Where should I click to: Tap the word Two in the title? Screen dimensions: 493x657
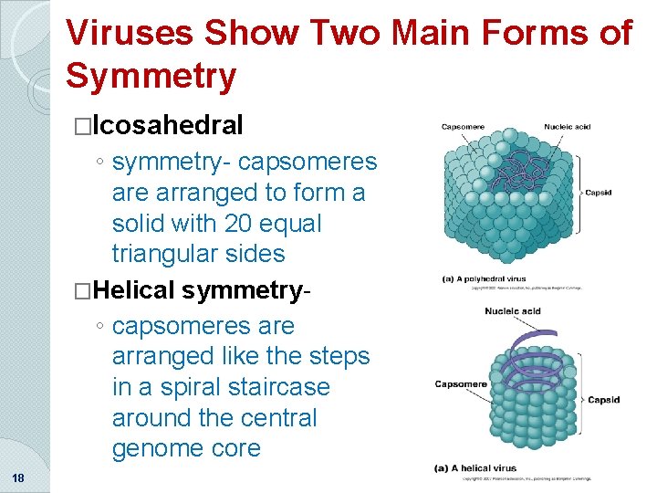(x=346, y=33)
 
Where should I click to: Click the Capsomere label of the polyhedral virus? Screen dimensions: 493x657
(x=463, y=127)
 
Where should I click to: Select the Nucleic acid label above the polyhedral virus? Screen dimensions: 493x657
(x=568, y=127)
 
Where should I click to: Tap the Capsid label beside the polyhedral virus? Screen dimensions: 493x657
(x=598, y=193)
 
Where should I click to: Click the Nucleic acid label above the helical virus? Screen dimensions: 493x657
(x=514, y=311)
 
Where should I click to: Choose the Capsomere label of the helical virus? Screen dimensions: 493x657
(x=461, y=383)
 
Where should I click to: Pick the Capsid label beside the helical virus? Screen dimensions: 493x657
(x=604, y=400)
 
